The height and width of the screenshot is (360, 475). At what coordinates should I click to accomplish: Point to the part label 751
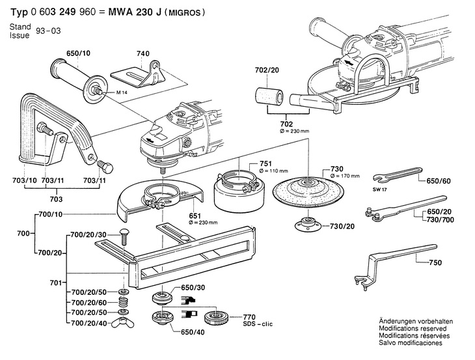click(x=265, y=164)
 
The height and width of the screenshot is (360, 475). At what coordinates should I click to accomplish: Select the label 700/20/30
click(x=88, y=235)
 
